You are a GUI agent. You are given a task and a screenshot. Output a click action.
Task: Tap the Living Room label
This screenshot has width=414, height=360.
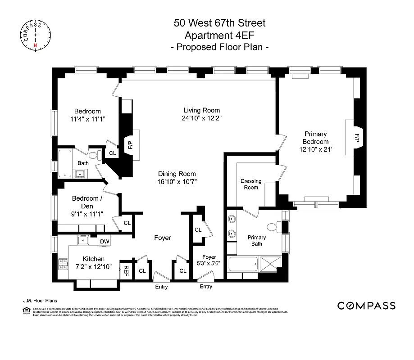[201, 110]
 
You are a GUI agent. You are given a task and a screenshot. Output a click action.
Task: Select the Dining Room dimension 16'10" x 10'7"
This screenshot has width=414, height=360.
[177, 182]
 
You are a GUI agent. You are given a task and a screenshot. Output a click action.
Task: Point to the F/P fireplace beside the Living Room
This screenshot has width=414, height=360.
[130, 144]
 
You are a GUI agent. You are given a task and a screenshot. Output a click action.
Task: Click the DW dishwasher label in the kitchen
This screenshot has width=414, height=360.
[105, 242]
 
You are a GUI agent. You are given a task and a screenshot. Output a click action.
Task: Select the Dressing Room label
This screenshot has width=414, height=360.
[251, 184]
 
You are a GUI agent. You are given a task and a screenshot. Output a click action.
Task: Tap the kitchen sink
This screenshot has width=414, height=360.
[84, 240]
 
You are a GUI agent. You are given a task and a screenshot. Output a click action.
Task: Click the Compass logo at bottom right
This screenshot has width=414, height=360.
[366, 306]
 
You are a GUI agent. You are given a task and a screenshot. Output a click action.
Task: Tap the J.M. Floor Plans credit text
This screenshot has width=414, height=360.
[39, 301]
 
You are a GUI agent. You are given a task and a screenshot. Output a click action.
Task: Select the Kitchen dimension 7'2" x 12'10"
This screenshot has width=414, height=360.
[93, 266]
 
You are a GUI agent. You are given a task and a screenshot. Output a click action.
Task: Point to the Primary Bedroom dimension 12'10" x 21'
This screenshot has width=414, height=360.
[315, 149]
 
